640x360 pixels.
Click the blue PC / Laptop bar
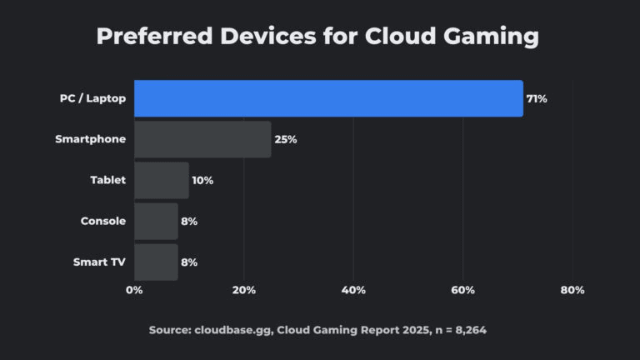[x=328, y=98]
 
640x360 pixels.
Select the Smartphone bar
[x=202, y=139]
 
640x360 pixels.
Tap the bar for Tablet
[x=162, y=180]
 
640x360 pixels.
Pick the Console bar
[x=156, y=221]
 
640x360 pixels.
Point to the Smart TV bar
[x=156, y=262]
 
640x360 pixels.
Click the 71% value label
[x=536, y=98]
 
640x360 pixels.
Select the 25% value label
[x=285, y=139]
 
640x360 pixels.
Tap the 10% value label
[x=202, y=180]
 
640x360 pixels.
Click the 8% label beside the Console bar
[x=189, y=221]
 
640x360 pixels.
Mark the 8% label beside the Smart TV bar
[x=189, y=262]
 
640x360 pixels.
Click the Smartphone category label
[x=90, y=139]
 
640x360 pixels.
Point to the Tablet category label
[x=107, y=180]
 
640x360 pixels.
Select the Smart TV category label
[x=99, y=262]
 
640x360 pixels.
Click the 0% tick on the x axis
[x=134, y=290]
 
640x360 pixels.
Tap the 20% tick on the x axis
[x=243, y=290]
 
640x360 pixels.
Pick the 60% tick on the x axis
[x=462, y=290]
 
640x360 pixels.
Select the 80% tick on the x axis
[x=572, y=290]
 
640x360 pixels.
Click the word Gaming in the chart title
[x=491, y=37]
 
